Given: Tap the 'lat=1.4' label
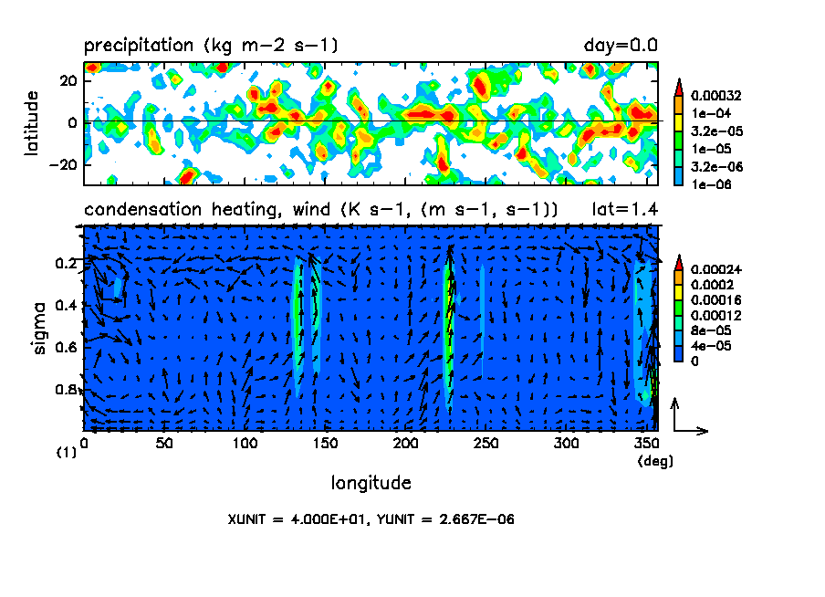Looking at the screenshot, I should [x=625, y=210].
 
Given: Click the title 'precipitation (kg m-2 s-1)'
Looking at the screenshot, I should [x=211, y=45].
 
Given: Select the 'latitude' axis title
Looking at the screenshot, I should [x=32, y=122].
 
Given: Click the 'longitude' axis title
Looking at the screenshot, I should [x=371, y=482].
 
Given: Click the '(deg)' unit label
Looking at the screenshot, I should [x=655, y=462].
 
